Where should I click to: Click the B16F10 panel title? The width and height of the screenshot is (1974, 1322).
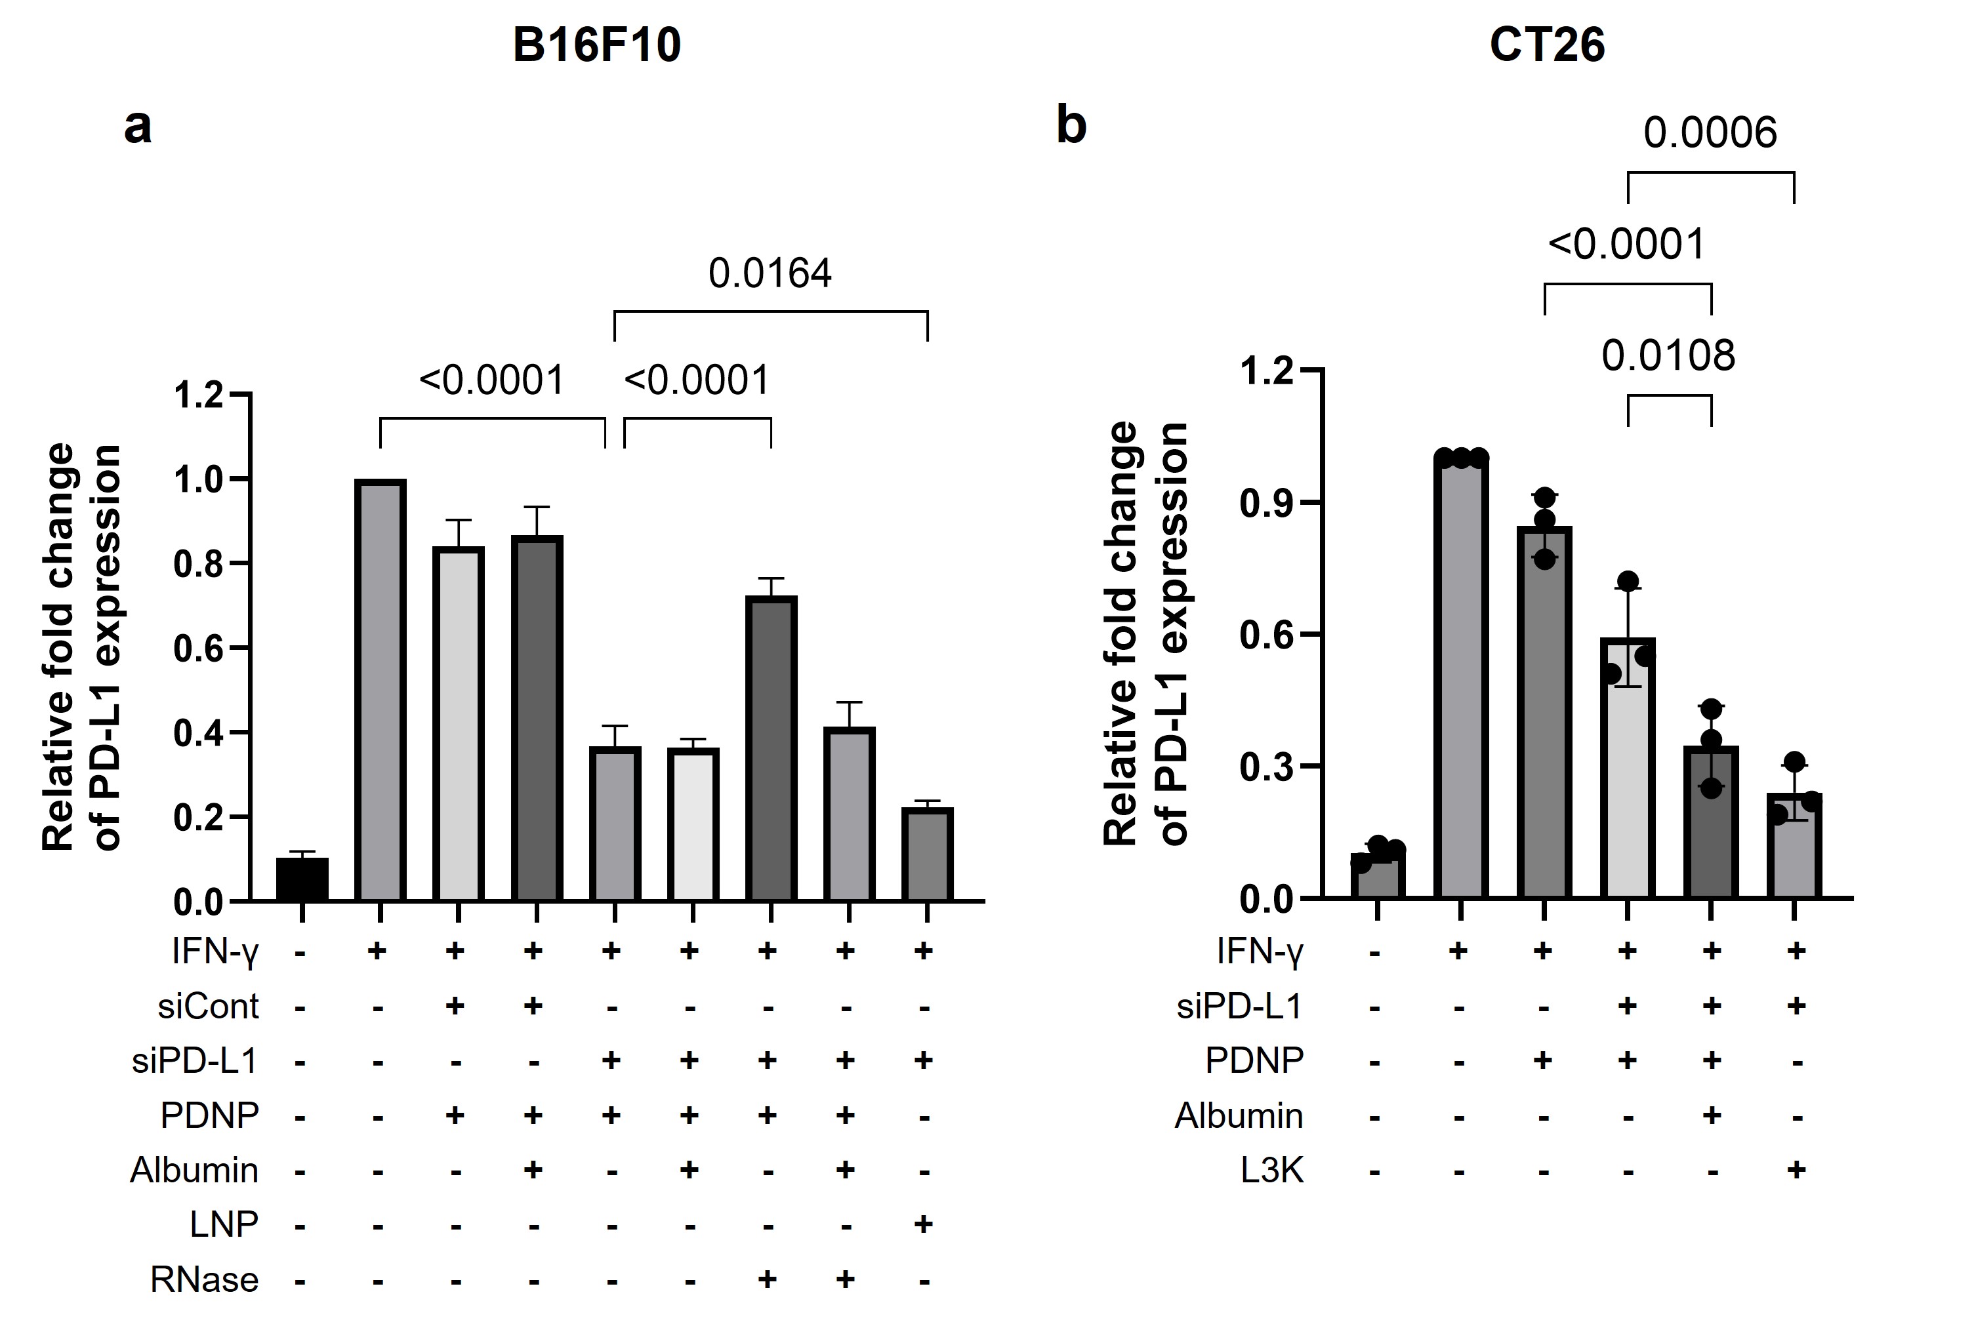596,45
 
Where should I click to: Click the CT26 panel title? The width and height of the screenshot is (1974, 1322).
1546,45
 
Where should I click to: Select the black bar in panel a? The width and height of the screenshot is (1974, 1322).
302,879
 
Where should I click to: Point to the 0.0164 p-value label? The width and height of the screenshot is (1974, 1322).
770,274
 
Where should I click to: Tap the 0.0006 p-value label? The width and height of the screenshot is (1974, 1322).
1710,133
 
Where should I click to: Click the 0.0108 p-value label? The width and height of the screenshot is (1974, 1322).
1668,356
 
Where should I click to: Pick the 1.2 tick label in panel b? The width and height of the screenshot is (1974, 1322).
1267,371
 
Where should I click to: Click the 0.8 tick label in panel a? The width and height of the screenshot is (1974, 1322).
198,564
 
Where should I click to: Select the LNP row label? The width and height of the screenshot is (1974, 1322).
224,1224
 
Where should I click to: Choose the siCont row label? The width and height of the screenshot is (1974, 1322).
208,1007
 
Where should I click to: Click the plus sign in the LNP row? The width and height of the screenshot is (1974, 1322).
923,1224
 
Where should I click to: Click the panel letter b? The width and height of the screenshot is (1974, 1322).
1071,127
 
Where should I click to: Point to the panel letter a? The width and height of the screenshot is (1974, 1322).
138,127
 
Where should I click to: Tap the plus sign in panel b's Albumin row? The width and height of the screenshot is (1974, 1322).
1711,1115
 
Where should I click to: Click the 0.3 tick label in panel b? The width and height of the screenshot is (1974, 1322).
1267,767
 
